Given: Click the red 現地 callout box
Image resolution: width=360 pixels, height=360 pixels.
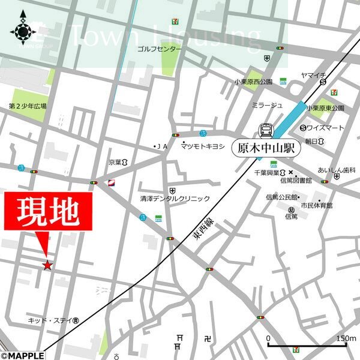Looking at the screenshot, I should coord(49,211).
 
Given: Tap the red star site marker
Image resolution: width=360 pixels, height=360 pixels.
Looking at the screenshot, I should coord(47,265).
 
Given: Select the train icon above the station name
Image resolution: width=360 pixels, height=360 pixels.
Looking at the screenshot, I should coord(264,130).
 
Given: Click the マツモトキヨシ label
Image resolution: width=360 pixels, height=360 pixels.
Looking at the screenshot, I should coord(203,146).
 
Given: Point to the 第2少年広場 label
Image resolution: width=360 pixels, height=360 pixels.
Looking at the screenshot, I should coord(28,106).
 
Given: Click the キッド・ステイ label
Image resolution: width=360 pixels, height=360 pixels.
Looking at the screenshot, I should coord(49,321).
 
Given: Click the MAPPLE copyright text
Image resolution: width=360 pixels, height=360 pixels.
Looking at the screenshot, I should coord(23,355).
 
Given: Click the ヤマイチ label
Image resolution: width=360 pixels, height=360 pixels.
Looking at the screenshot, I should coord(313,76).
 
